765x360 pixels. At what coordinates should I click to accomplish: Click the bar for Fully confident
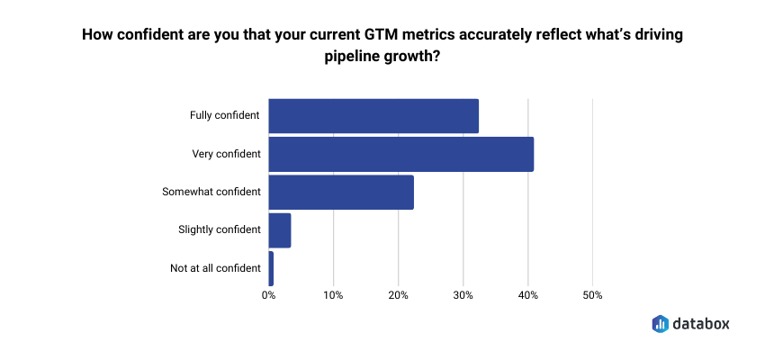373,115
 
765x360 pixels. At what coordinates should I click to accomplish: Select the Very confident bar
400,154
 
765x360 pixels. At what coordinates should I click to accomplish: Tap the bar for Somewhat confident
341,192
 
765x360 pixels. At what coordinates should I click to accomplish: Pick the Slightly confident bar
280,229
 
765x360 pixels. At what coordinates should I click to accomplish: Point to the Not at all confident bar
271,268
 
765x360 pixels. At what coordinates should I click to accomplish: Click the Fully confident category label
225,115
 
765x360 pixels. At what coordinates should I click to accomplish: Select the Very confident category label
227,154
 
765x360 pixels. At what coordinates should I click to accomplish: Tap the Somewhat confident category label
211,192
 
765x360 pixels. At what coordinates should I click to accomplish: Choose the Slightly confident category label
220,229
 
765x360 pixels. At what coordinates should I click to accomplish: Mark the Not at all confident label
215,268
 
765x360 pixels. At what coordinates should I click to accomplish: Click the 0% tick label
268,295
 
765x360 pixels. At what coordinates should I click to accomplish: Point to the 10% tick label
333,295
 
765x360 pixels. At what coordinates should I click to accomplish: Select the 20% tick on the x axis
398,295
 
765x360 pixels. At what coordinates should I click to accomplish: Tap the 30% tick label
463,295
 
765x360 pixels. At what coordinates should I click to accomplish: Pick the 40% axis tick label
527,295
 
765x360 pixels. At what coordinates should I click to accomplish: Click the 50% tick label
592,295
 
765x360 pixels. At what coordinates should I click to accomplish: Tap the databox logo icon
660,323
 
